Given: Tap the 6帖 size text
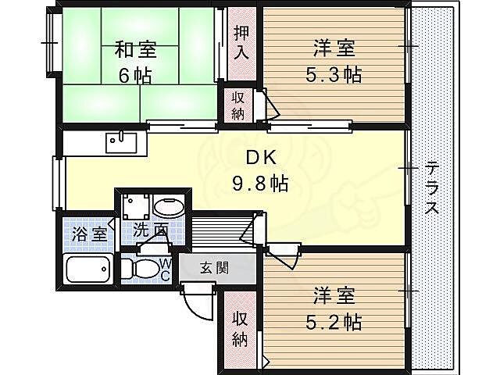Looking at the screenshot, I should point(135,76).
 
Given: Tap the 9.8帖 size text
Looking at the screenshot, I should point(260,184).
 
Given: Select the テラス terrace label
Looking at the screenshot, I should point(431,190).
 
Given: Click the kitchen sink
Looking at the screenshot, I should point(122,143).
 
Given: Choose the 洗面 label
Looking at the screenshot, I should point(150,230).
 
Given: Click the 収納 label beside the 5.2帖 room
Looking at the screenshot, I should point(240,329).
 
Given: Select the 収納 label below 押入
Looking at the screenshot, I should point(239,105).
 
